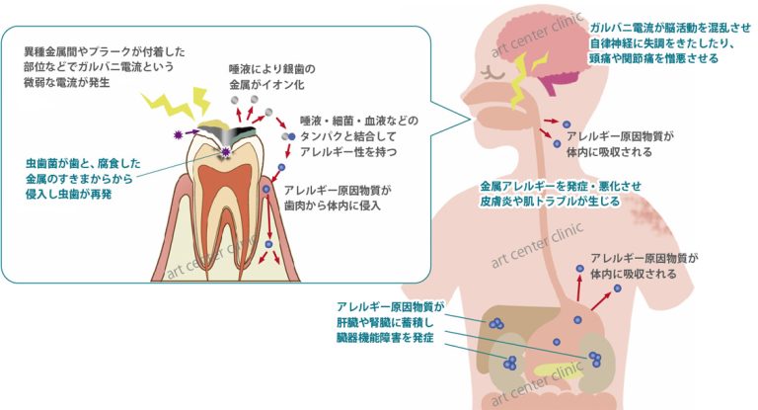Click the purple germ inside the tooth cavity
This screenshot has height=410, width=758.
(225, 152)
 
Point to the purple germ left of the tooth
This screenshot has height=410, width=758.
(179, 135)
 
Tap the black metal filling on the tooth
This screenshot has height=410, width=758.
(243, 131)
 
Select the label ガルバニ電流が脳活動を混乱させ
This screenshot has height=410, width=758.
(670, 28)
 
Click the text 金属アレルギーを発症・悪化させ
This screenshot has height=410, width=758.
(561, 186)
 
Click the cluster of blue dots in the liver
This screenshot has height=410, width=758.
(496, 323)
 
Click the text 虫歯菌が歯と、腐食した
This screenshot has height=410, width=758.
(83, 163)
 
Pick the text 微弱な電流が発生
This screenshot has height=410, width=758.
(67, 82)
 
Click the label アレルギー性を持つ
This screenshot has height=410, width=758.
(348, 151)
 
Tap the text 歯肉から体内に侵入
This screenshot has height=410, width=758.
(332, 205)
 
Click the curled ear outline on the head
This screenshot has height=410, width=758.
(493, 73)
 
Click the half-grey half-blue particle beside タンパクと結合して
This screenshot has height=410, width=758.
(288, 137)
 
